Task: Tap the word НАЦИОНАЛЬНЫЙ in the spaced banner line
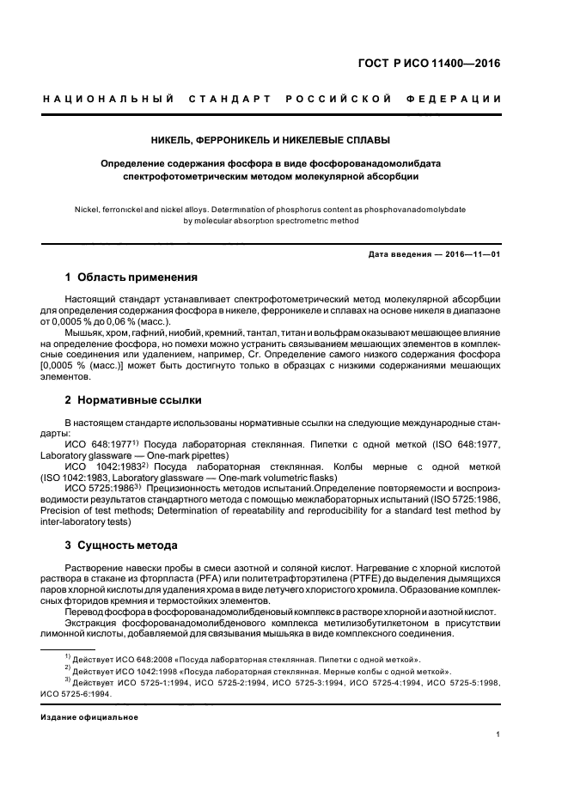[108, 100]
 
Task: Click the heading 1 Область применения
[131, 277]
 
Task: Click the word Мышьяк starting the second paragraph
[85, 331]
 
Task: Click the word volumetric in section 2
[236, 477]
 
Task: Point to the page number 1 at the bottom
[498, 734]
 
